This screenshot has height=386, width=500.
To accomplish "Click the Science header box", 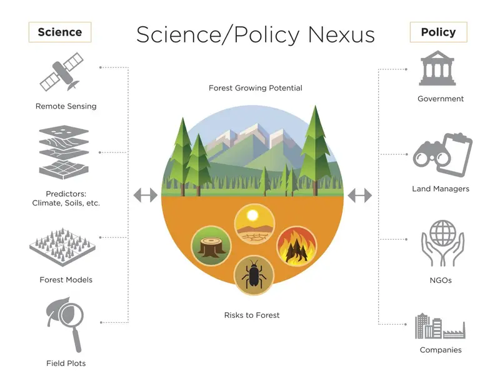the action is point(60,32).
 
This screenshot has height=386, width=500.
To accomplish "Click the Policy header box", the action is point(439,32).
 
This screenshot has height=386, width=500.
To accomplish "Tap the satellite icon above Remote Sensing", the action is point(61,72).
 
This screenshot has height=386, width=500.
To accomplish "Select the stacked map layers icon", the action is point(64,152).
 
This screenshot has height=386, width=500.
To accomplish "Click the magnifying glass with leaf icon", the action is point(66,324).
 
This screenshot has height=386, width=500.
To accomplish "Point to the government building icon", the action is point(437,68).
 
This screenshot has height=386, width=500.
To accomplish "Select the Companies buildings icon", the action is point(440,326).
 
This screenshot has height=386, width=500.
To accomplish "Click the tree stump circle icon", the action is point(211,245).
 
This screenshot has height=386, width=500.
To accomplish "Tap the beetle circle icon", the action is point(254,275).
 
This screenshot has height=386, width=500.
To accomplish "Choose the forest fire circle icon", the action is point(296,245).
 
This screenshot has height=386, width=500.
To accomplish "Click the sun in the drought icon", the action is point(252,215).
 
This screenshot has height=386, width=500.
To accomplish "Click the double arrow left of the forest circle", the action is point(146,195).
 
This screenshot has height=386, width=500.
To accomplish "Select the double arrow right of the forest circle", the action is point(360,195).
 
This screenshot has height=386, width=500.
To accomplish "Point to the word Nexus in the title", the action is point(341,34).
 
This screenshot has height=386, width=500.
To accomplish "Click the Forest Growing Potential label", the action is point(256,88).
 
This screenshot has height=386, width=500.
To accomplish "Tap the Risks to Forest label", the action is point(252,315).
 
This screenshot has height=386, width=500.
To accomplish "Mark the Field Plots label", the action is point(66,364).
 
